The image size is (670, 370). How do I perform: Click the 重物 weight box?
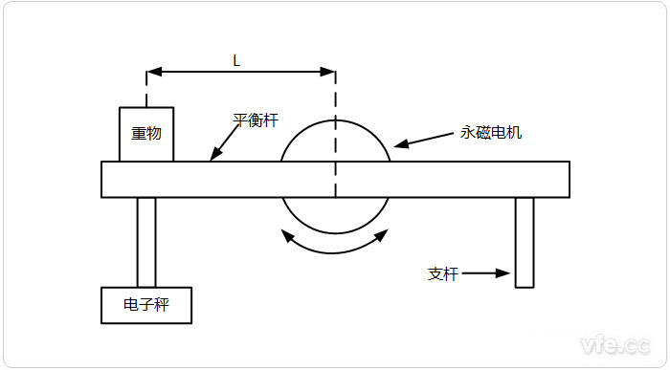click(146, 134)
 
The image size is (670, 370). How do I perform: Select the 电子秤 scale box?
click(146, 306)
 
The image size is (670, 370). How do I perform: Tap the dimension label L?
click(236, 60)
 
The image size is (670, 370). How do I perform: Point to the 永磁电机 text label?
click(491, 133)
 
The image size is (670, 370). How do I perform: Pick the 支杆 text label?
click(443, 274)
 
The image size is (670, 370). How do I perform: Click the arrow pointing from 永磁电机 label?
click(421, 141)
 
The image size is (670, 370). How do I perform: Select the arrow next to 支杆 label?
click(490, 274)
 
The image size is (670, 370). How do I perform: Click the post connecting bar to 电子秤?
click(146, 242)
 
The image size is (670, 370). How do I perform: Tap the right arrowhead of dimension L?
click(328, 73)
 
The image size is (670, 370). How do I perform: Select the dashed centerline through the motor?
click(335, 143)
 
